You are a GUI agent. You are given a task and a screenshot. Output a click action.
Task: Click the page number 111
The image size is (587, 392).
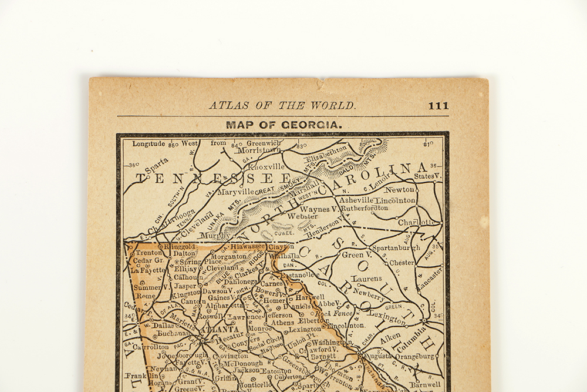tap(438, 106)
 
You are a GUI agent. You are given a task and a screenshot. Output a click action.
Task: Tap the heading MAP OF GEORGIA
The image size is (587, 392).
tap(283, 125)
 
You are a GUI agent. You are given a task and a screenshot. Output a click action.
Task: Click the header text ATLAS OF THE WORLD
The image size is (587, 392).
tap(282, 106)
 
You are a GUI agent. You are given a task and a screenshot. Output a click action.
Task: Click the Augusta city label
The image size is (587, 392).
tap(377, 356)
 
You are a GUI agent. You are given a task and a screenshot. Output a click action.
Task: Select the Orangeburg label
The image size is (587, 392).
tap(415, 356)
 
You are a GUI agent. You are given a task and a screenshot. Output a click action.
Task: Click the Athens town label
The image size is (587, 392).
tap(283, 322)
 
